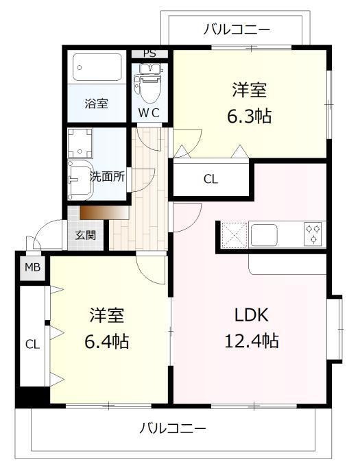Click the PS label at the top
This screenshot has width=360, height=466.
tap(149, 53)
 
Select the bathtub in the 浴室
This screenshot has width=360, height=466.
tap(97, 67)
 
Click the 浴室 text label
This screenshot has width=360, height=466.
tap(96, 103)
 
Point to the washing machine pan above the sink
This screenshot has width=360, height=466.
tap(80, 143)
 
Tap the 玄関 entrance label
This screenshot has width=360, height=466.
tap(85, 235)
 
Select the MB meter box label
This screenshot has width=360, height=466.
tap(32, 267)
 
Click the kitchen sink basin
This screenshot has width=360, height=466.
tap(264, 235)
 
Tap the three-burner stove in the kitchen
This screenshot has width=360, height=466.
tap(313, 234)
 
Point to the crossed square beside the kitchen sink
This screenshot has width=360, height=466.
tap(235, 235)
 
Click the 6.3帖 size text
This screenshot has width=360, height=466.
tap(250, 116)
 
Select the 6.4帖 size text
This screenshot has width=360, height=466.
tap(107, 341)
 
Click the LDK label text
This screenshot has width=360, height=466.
tap(252, 315)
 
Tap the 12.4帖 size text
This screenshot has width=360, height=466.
tap(252, 341)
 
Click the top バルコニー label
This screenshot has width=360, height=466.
tap(237, 29)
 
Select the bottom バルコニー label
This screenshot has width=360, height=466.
tap(173, 429)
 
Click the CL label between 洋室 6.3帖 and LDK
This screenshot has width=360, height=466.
tap(211, 180)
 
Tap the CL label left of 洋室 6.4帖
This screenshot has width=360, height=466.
tap(32, 345)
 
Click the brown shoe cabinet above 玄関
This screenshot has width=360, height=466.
tap(105, 213)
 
